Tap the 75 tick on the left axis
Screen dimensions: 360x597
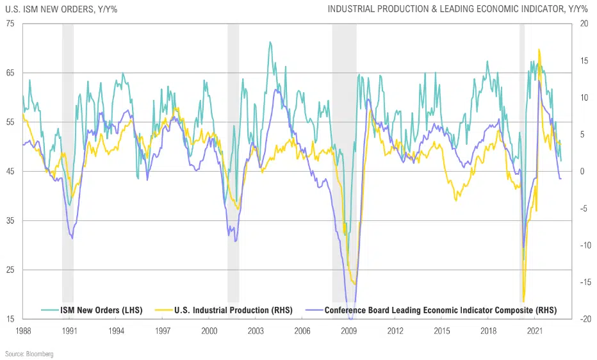coord(11,24)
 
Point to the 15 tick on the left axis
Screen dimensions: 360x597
coord(11,319)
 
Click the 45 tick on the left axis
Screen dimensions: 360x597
coord(11,171)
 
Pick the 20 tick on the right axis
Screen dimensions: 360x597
coord(584,24)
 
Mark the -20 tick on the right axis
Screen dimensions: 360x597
coord(584,319)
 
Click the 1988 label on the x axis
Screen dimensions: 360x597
coord(23,331)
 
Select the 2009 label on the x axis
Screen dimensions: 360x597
coord(349,331)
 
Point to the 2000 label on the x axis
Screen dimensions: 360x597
coord(209,331)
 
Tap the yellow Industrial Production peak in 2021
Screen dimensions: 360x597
coord(539,49)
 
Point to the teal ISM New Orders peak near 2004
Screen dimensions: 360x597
coord(270,42)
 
